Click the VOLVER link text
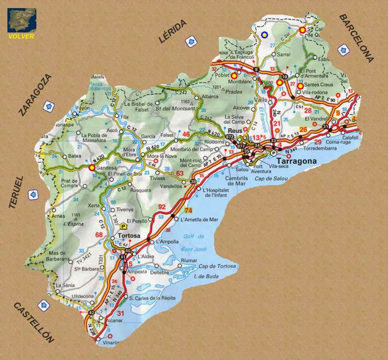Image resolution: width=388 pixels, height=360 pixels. click(22, 36)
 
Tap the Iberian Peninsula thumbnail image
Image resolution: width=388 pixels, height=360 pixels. click(22, 20)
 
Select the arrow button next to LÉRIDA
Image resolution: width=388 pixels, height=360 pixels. click(191, 42)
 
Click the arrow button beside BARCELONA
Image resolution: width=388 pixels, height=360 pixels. click(343, 50)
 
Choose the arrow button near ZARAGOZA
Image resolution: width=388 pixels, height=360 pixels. click(48, 106)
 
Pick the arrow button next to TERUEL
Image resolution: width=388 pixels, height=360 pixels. click(34, 194)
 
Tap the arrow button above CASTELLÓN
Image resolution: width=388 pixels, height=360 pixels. click(43, 305)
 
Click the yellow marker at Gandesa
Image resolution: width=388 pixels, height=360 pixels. click(92, 168)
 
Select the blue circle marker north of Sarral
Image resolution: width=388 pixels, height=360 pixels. click(264, 35)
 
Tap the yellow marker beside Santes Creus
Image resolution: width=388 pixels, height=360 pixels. click(300, 86)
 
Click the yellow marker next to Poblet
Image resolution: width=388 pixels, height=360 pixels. click(234, 76)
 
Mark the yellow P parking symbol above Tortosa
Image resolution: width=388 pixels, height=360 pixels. click(123, 226)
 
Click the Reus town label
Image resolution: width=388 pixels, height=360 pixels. click(235, 130)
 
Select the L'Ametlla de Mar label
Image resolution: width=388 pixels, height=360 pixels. click(199, 220)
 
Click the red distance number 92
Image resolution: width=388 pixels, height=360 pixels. click(162, 207)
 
